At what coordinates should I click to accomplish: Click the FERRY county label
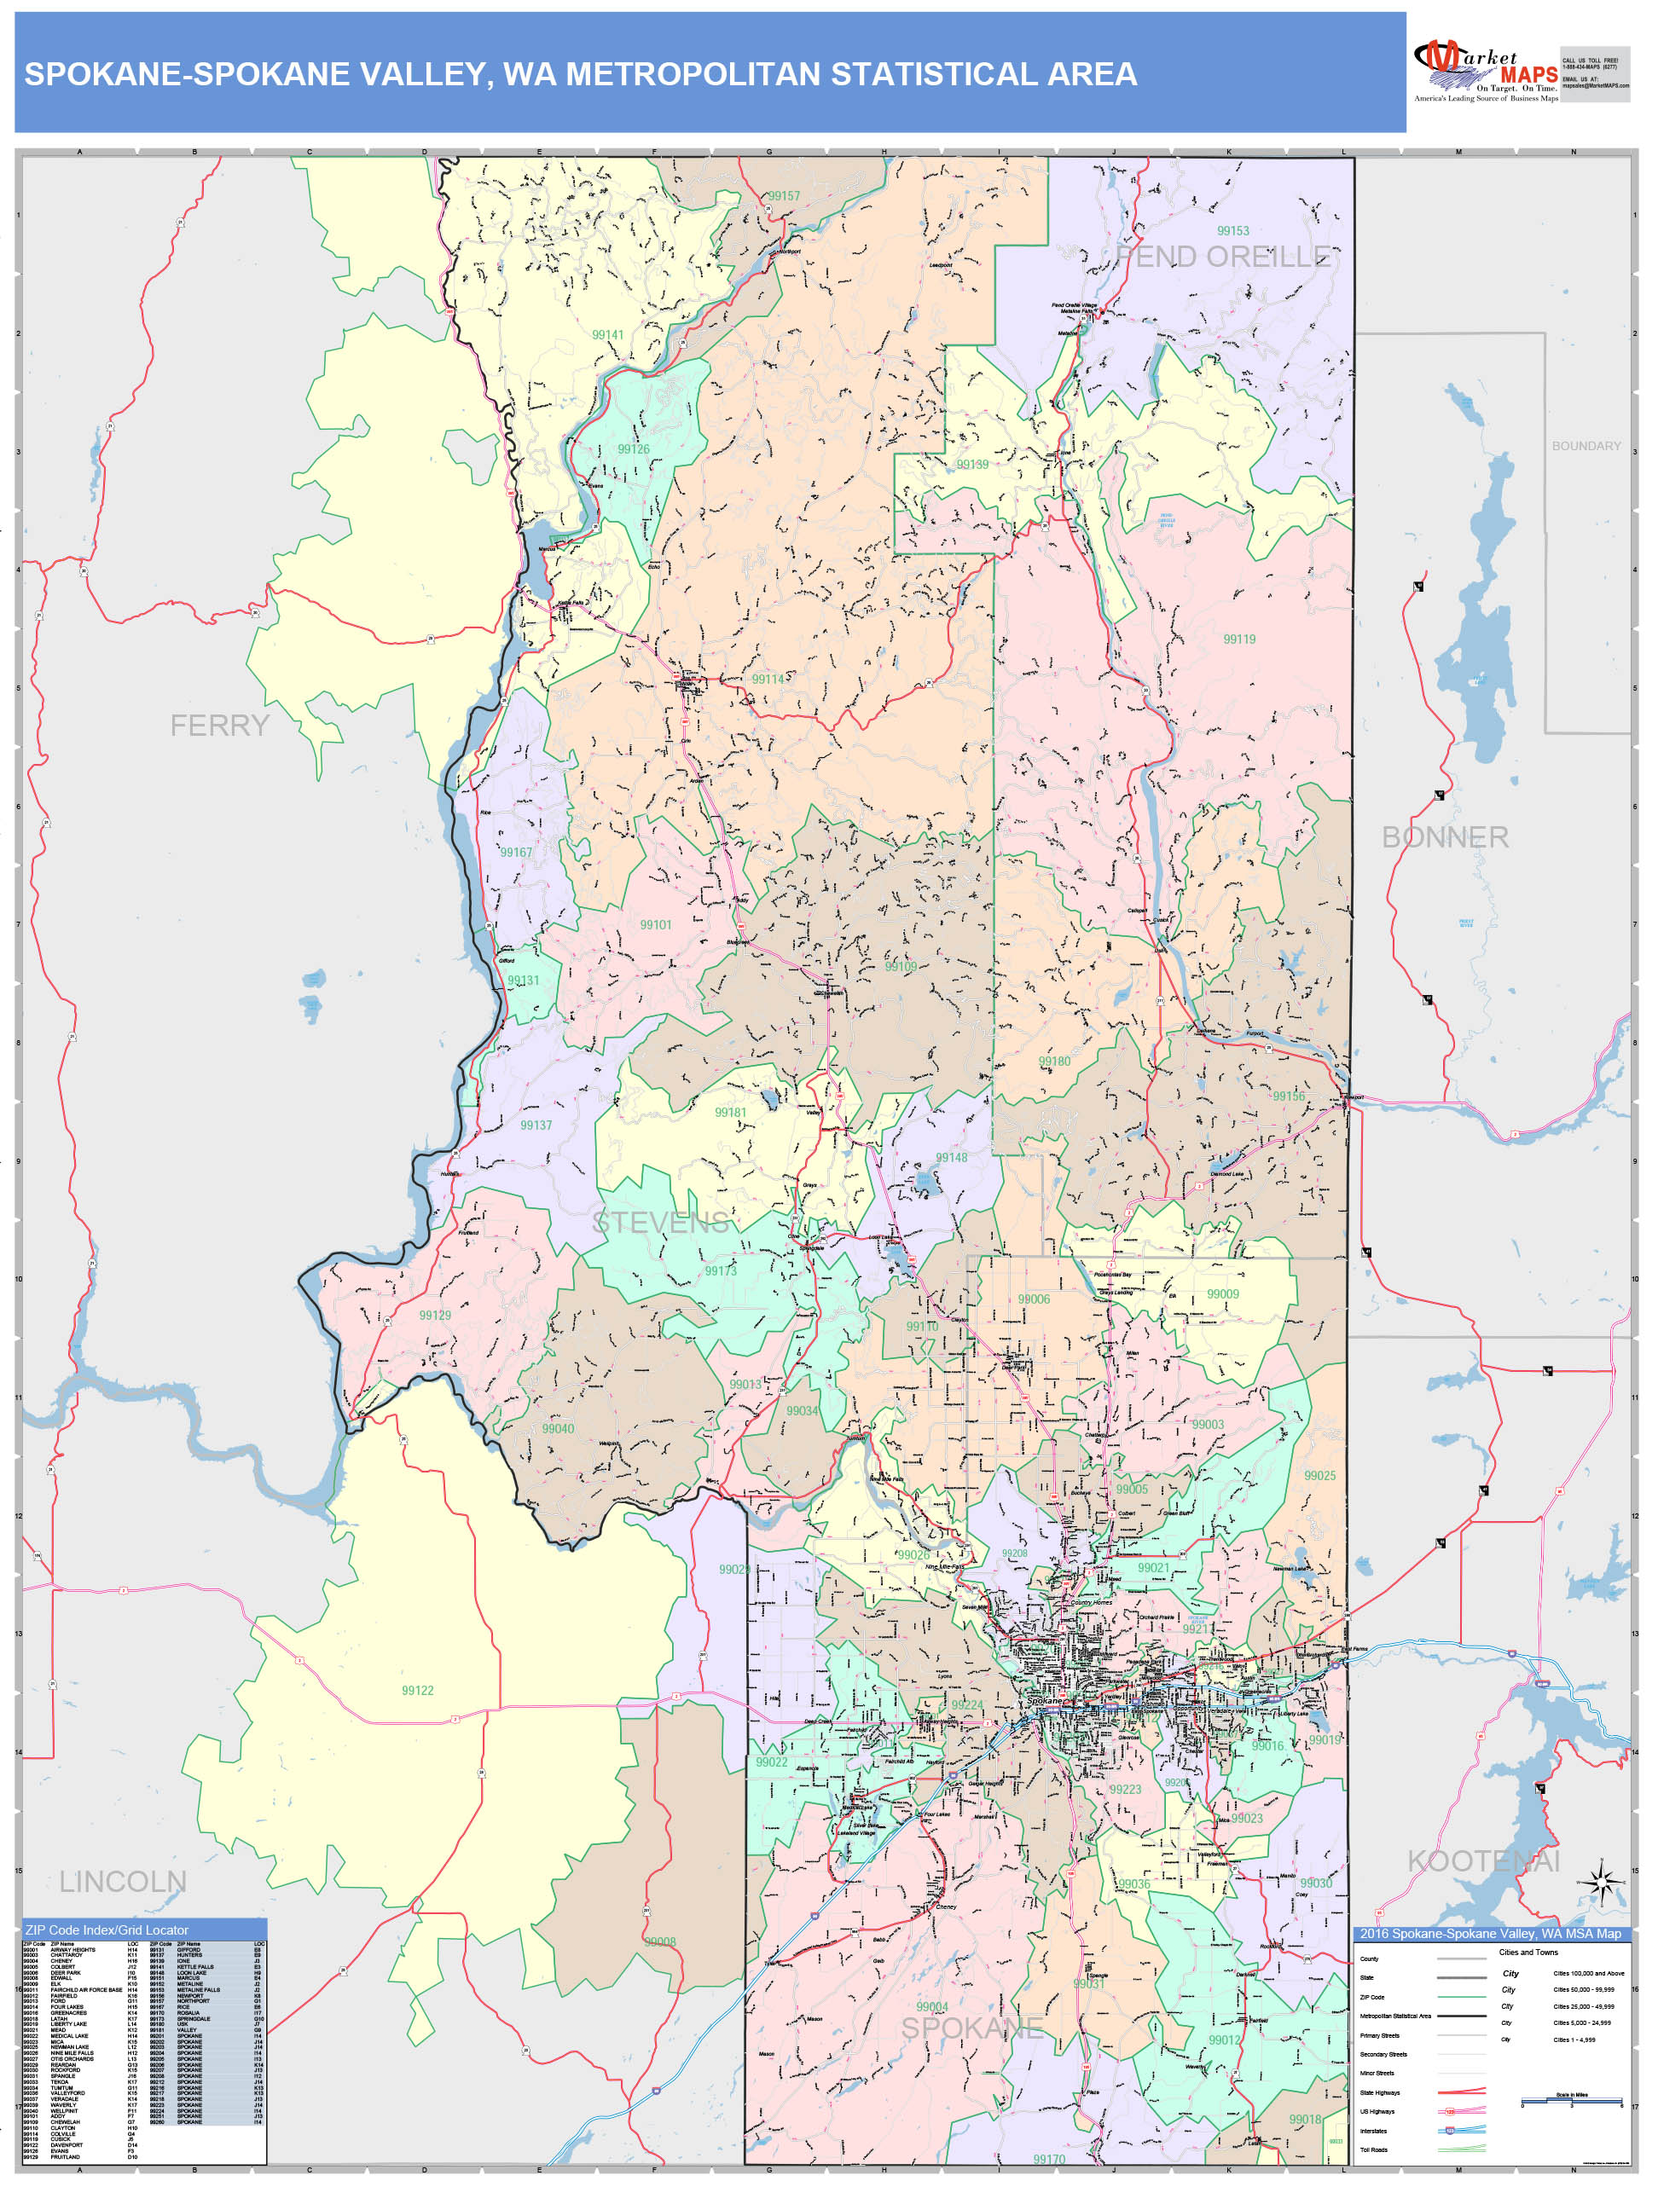click(220, 726)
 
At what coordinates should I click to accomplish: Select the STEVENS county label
click(661, 1222)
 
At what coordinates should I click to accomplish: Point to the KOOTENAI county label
click(1483, 1860)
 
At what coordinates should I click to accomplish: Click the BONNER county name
click(1444, 837)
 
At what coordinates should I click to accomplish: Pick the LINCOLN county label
click(122, 1881)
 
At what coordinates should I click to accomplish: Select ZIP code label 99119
click(1239, 639)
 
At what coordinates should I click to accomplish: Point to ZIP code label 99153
click(1232, 231)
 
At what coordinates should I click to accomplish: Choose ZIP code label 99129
click(435, 1316)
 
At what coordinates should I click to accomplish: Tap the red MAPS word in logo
click(1529, 75)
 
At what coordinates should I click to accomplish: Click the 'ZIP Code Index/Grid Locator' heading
click(107, 1929)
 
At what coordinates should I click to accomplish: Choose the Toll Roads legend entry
click(1373, 2150)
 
